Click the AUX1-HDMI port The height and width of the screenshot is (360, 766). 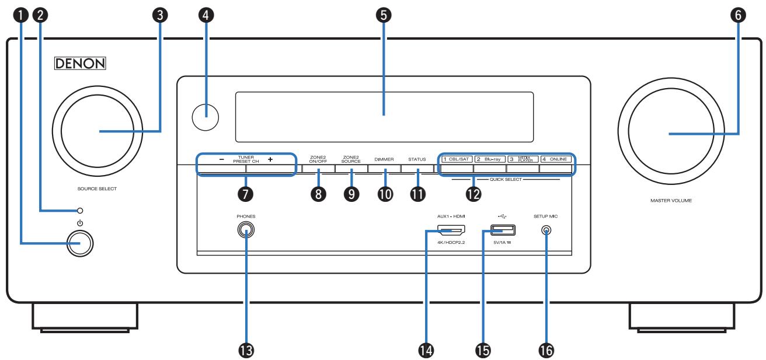(x=451, y=229)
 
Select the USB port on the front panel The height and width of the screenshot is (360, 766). (x=495, y=229)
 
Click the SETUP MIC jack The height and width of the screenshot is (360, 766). (x=546, y=230)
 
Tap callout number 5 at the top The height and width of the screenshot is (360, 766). (x=383, y=16)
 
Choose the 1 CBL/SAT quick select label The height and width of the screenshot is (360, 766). (x=456, y=159)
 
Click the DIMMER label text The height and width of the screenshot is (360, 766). (x=385, y=159)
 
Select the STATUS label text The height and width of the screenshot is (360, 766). (x=417, y=159)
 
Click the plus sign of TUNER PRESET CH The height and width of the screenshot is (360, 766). (x=270, y=159)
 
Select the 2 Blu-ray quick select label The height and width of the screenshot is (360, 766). (x=489, y=159)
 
